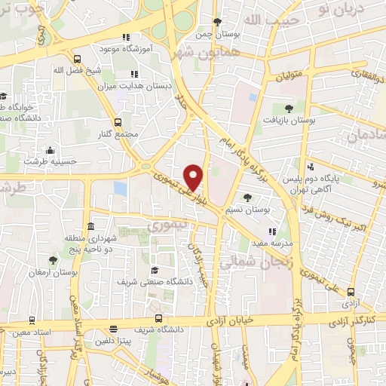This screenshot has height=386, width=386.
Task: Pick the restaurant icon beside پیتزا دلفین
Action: [x=113, y=329]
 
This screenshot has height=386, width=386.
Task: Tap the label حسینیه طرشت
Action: [x=45, y=161]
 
